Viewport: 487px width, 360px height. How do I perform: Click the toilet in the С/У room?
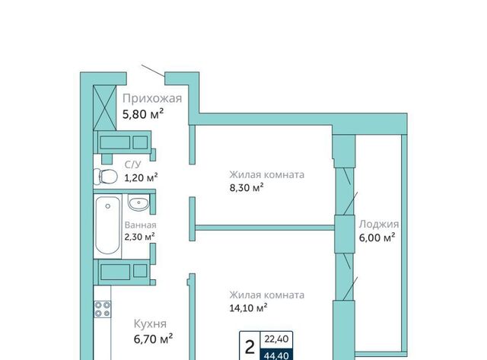(105, 177)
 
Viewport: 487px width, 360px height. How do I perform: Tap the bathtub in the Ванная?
(107, 225)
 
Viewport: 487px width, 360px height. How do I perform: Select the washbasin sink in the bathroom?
(138, 202)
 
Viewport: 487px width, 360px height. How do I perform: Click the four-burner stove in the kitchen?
(103, 309)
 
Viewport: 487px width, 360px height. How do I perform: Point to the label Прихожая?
(152, 98)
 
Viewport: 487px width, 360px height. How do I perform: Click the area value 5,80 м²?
(143, 114)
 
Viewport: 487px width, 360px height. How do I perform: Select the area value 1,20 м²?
(141, 177)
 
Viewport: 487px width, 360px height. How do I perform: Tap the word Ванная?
(140, 225)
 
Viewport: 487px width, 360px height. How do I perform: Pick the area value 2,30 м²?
(140, 237)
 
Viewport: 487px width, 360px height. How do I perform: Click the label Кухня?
(150, 324)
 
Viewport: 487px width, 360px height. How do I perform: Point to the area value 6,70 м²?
(153, 339)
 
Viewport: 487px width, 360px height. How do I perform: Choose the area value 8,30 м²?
(247, 187)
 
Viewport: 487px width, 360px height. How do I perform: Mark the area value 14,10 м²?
(249, 307)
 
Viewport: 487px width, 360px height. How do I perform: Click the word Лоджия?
(379, 225)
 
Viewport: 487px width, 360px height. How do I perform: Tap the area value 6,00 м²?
(377, 237)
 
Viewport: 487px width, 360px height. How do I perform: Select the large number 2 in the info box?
(250, 347)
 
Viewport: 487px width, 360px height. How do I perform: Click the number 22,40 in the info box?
(276, 339)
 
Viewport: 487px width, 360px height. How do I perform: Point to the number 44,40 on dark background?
(276, 355)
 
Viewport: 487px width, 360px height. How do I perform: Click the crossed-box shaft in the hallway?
(105, 108)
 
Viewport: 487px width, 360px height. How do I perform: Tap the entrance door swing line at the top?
(153, 71)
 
